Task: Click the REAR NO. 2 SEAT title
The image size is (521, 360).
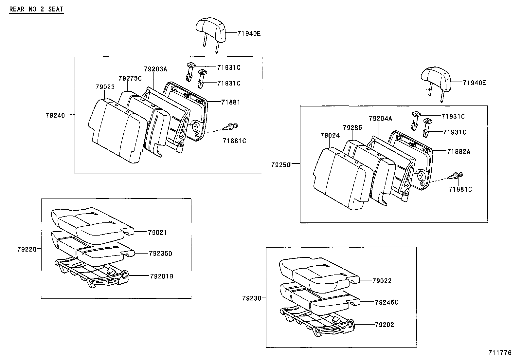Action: coord(36,9)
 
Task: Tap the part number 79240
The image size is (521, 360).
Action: coord(55,115)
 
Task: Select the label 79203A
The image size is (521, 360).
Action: coord(155,69)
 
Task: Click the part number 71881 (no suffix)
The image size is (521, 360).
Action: coord(230,102)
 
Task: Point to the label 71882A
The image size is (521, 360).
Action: coord(459,151)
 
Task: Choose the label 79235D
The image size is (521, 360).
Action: coord(160,253)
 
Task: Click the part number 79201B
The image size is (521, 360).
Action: coord(161,276)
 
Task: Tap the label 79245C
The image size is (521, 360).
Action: coord(386,302)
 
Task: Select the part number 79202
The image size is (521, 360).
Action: coord(385,325)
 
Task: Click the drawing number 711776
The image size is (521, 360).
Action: coord(500,353)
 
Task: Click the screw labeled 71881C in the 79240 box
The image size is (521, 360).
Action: coord(231,127)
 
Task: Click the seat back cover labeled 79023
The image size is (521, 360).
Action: coord(116,131)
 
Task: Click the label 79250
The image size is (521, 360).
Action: coord(280,165)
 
